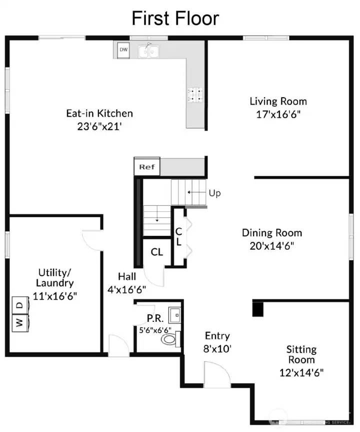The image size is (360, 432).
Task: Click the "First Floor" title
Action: pos(175,19)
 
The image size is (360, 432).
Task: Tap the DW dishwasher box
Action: pos(123,50)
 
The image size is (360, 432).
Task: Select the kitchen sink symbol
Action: pos(148,51)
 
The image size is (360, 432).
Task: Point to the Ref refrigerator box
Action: pos(146,167)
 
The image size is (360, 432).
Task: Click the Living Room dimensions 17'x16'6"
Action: pos(278,114)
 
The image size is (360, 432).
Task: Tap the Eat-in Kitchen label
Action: pos(99,113)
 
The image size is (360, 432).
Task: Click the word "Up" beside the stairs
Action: pos(214,193)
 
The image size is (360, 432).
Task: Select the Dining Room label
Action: pos(272,233)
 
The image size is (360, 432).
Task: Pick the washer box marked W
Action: pos(19,322)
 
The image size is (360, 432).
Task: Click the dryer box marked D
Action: pos(19,304)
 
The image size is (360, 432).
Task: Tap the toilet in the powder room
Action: pos(169,340)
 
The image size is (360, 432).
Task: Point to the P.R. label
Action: pos(154,318)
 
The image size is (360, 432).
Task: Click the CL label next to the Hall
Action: pos(157,252)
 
